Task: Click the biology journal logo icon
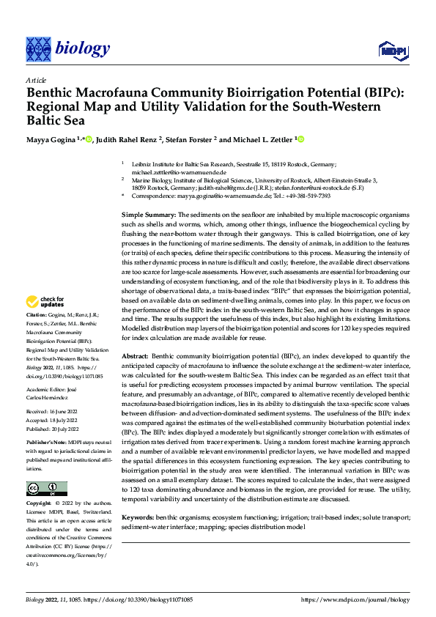pos(38,48)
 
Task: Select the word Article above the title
pos(37,81)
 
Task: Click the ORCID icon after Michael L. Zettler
pos(300,138)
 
